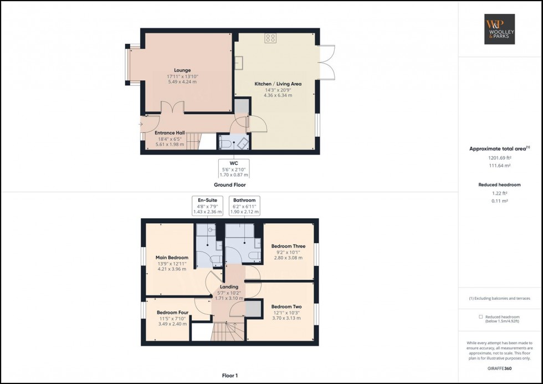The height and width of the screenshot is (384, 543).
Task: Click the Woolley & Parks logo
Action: click(500, 29)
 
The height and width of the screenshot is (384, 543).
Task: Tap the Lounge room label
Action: click(182, 70)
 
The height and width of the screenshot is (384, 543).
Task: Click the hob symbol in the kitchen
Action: click(270, 38)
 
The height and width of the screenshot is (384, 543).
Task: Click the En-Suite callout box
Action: click(207, 206)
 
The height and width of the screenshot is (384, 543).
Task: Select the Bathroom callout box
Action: click(244, 206)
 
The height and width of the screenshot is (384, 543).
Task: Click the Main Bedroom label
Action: click(172, 258)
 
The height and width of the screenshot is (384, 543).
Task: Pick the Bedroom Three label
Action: click(288, 246)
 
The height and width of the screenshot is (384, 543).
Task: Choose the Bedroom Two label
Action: click(286, 306)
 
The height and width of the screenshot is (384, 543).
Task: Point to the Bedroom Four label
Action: click(172, 313)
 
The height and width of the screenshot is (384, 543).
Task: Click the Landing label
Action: click(229, 287)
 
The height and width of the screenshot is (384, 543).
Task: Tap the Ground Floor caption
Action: click(229, 185)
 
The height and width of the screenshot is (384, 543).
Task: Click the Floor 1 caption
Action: click(229, 375)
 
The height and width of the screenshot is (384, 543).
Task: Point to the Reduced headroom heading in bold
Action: click(500, 185)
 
